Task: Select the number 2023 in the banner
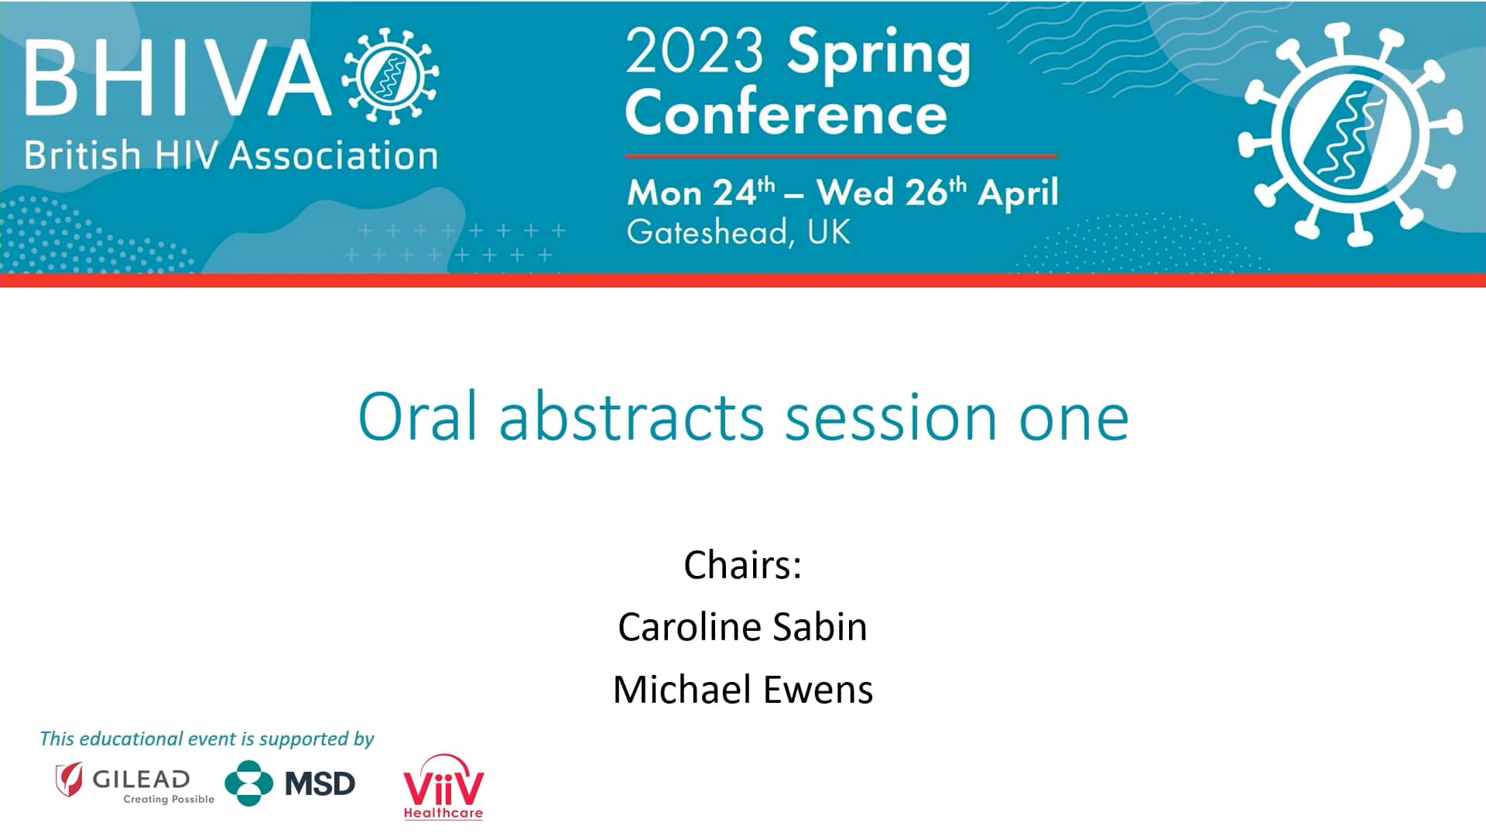tap(694, 51)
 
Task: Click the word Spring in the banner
tap(878, 54)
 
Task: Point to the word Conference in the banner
tap(786, 113)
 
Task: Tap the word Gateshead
tap(707, 231)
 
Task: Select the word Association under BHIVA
tap(334, 156)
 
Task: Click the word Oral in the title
tap(417, 417)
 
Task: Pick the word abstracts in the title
tap(632, 417)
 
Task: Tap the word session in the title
tap(891, 417)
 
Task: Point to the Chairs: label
tap(742, 564)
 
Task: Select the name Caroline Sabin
tap(742, 626)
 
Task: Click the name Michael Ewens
tap(742, 689)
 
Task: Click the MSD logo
tap(290, 783)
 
